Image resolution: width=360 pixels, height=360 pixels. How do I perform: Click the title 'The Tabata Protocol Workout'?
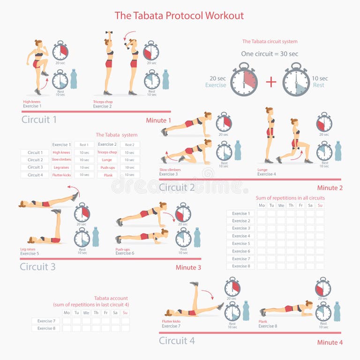[x=180, y=15]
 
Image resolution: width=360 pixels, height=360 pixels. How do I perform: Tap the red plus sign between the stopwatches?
[x=271, y=82]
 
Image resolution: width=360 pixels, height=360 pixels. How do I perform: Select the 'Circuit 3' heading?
[x=37, y=267]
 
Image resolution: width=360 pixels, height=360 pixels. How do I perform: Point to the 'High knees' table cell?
[x=61, y=152]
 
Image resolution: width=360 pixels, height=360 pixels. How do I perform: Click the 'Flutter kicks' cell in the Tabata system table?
[x=61, y=175]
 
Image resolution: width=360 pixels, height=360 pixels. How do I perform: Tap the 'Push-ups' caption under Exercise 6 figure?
[x=122, y=249]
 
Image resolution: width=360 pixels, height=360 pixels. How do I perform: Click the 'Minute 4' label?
[x=330, y=342]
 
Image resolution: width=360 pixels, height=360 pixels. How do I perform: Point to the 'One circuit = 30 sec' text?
[x=270, y=54]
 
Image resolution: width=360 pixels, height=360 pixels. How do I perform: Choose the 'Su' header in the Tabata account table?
[x=125, y=313]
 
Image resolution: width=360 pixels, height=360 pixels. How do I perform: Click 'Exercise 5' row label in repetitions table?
[x=240, y=243]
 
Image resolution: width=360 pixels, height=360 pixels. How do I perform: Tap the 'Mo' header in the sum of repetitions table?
[x=262, y=205]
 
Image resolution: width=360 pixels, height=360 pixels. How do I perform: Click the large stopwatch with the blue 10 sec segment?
[x=296, y=81]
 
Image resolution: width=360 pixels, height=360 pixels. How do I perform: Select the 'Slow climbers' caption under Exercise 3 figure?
[x=170, y=170]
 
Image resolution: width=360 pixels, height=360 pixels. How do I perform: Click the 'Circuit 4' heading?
[x=177, y=341]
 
